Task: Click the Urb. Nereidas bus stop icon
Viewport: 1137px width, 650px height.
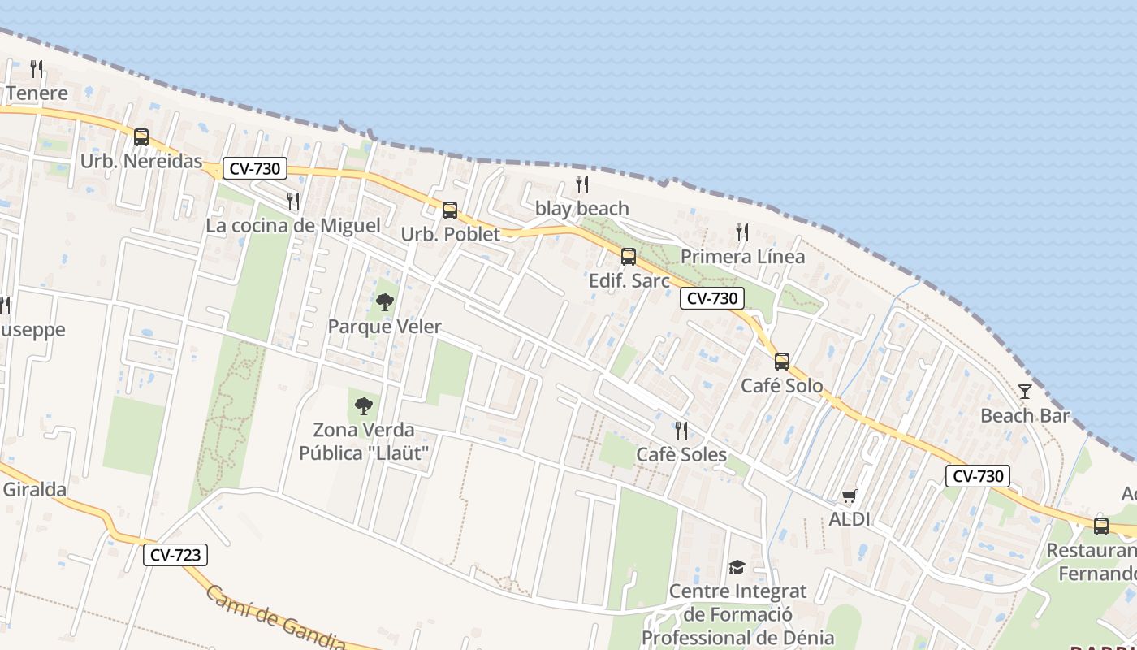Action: coord(141,137)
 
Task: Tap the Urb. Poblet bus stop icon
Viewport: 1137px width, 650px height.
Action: coord(450,210)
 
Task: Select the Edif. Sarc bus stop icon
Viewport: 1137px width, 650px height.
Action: coord(629,257)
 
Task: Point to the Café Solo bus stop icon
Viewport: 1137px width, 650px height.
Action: coord(782,362)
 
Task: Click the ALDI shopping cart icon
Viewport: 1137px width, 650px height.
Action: coord(850,496)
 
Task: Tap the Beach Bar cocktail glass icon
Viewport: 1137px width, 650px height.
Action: coord(1025,392)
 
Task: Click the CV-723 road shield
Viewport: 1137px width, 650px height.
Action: coord(175,556)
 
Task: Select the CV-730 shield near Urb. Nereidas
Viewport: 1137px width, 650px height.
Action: coord(255,169)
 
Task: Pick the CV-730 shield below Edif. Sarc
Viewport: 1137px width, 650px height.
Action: coord(711,298)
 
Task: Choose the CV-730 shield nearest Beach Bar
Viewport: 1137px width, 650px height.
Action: coord(978,476)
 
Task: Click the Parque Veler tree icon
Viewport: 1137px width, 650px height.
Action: coord(385,303)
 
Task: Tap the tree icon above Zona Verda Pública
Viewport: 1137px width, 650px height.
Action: coord(364,405)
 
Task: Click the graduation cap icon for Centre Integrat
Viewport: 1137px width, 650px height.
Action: coord(737,567)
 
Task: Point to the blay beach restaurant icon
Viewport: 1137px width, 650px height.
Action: coord(582,184)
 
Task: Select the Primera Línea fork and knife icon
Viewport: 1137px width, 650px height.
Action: coord(742,232)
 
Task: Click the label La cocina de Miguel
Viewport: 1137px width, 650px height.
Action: coord(292,225)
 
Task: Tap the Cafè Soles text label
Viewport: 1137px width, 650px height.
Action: coord(681,454)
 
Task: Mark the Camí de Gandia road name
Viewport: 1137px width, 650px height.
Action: coord(276,620)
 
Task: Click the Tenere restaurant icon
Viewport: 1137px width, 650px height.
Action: coord(37,68)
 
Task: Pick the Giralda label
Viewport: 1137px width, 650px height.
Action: coord(34,490)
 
